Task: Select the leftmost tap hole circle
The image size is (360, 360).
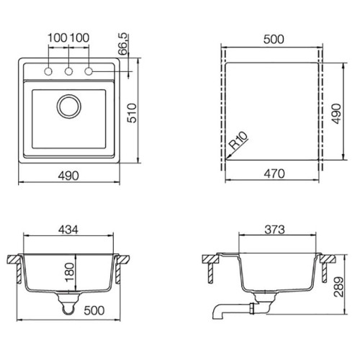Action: tap(48, 71)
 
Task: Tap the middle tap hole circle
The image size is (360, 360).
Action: tap(68, 71)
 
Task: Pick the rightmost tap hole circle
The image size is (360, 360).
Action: tap(89, 71)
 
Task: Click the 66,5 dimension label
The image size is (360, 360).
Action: tap(122, 44)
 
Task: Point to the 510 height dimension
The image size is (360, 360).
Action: tap(132, 113)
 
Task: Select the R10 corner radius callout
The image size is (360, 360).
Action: tap(238, 140)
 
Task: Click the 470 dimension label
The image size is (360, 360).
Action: tap(274, 174)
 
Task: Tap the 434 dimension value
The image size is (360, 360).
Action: tap(68, 230)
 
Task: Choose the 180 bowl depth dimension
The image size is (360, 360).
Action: tap(70, 272)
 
